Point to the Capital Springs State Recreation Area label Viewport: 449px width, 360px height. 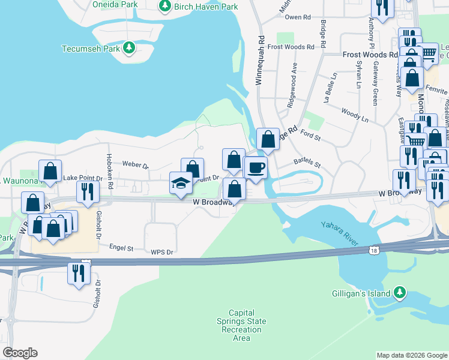pos(241,325)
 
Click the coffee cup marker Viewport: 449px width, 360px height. pos(256,167)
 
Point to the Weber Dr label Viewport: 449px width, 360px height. pos(134,164)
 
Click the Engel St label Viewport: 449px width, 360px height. pos(121,246)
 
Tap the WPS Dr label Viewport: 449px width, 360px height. pos(161,252)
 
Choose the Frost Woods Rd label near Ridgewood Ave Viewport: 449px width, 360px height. pos(291,47)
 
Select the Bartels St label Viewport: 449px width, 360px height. pos(307,162)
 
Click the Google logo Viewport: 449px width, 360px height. pos(19,353)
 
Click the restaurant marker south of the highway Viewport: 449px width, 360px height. pos(79,273)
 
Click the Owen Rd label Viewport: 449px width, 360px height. pos(297,17)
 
